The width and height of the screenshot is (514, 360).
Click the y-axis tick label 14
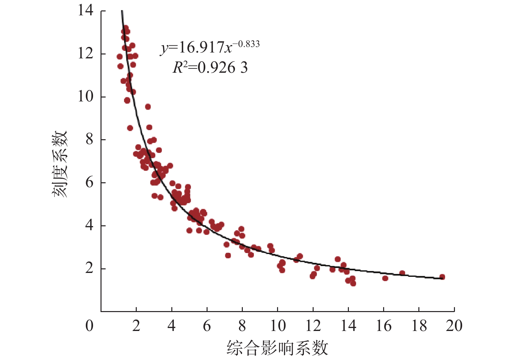tap(86, 10)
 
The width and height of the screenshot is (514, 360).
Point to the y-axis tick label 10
tap(86, 97)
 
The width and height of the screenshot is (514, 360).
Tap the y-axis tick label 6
tap(89, 183)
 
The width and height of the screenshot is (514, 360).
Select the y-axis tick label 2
tap(89, 268)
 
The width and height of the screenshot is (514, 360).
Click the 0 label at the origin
tap(89, 326)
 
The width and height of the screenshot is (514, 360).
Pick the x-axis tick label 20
tap(454, 326)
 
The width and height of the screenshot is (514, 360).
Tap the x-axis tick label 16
tap(383, 326)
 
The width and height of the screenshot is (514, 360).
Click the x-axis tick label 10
tap(277, 326)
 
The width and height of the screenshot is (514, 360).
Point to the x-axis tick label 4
tap(172, 326)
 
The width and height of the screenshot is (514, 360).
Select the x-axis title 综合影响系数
tap(277, 348)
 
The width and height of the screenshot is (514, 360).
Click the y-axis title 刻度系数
tap(60, 164)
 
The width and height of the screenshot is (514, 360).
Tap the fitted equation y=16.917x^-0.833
tap(210, 48)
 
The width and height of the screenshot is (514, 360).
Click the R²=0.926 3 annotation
tap(210, 68)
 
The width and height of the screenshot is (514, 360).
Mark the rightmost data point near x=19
tap(442, 277)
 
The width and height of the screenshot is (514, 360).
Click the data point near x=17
tap(402, 273)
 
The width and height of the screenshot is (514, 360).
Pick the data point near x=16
tap(385, 278)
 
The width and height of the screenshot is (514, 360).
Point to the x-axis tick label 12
tap(313, 326)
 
